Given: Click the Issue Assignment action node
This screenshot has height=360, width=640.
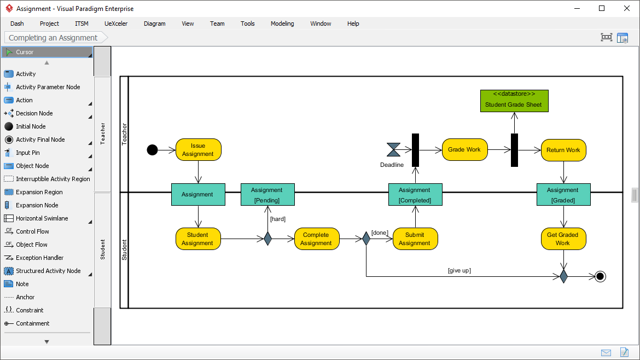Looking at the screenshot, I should pyautogui.click(x=198, y=150).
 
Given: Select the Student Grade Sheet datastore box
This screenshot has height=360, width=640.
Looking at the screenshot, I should pyautogui.click(x=514, y=101).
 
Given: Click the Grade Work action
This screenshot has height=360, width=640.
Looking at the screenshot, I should pyautogui.click(x=464, y=150).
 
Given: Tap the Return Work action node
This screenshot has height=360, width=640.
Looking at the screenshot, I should pyautogui.click(x=563, y=150).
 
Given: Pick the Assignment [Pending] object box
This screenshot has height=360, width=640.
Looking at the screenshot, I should pyautogui.click(x=267, y=195).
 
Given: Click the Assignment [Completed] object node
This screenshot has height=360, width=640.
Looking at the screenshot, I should pyautogui.click(x=415, y=195).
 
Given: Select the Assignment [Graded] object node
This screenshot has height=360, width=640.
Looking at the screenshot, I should pyautogui.click(x=563, y=195).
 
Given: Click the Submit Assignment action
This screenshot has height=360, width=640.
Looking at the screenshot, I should pyautogui.click(x=415, y=239).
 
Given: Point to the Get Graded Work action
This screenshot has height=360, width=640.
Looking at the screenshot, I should pyautogui.click(x=563, y=239).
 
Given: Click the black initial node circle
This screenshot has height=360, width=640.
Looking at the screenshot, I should pyautogui.click(x=152, y=150).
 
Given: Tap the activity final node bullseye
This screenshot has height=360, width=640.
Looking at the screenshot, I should pyautogui.click(x=600, y=276).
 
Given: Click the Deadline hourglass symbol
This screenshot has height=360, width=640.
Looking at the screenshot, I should pyautogui.click(x=393, y=150).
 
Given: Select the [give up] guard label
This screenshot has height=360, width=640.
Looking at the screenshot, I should pyautogui.click(x=459, y=270).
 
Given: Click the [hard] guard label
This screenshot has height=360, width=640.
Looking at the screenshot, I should pyautogui.click(x=277, y=219).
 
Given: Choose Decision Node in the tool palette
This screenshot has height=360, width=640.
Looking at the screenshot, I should pyautogui.click(x=34, y=113).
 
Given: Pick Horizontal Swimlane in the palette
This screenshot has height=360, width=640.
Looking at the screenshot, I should pyautogui.click(x=42, y=218).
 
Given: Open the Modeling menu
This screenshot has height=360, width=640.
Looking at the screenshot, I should pyautogui.click(x=282, y=24).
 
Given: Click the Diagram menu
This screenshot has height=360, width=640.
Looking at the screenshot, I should pyautogui.click(x=154, y=24).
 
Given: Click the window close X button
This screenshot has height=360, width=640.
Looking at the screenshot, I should pyautogui.click(x=627, y=8).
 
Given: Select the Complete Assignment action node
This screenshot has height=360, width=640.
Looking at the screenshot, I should pyautogui.click(x=316, y=239).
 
